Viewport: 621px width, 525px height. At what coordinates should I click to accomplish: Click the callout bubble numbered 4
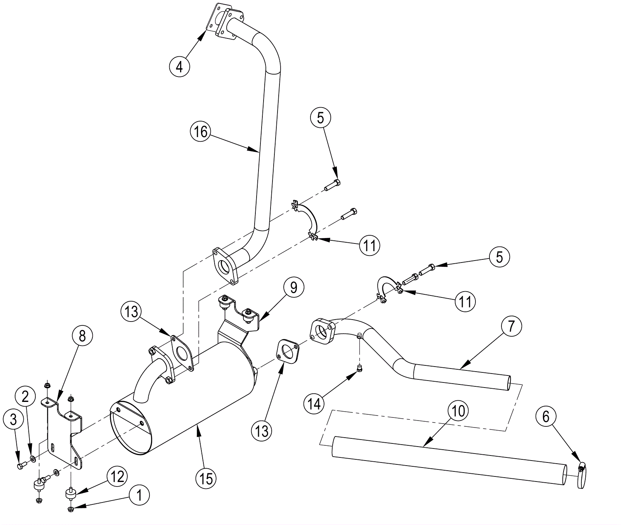(x=179, y=66)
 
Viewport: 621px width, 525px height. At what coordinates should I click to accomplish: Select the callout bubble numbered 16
(x=201, y=132)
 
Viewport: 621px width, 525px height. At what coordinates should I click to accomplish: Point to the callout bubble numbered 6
(x=546, y=417)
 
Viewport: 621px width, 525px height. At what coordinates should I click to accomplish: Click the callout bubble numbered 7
(x=511, y=326)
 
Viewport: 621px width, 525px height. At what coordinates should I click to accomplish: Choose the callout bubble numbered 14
(x=314, y=404)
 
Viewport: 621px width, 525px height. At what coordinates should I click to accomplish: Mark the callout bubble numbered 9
(x=294, y=287)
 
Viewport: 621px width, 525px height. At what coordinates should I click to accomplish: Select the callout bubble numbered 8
(x=82, y=336)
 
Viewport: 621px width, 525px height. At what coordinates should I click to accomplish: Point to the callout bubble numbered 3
(x=13, y=419)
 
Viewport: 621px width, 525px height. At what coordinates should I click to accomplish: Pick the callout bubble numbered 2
(x=25, y=396)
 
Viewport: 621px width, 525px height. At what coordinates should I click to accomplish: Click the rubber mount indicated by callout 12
(x=70, y=495)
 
